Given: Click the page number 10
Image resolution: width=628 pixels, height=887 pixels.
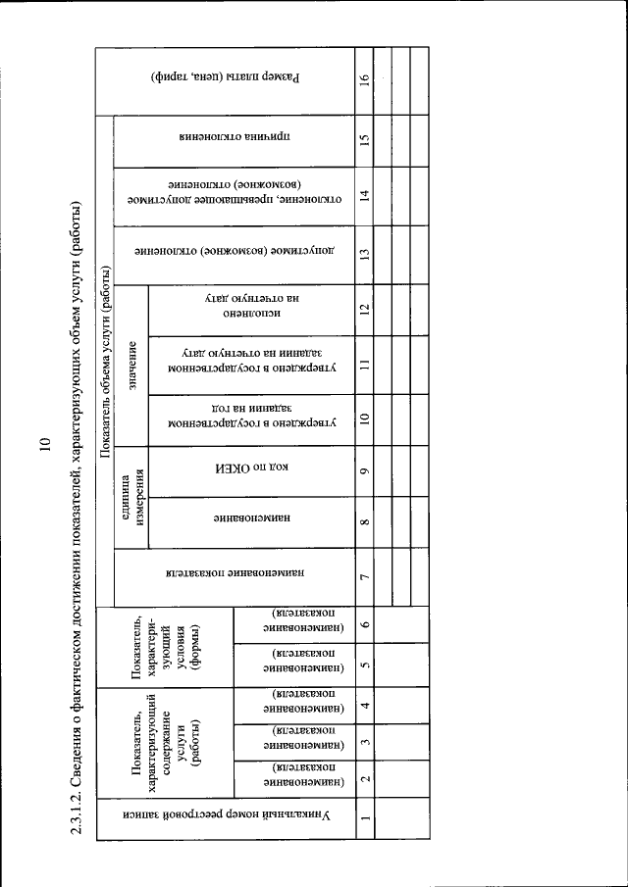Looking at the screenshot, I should pos(44,443).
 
